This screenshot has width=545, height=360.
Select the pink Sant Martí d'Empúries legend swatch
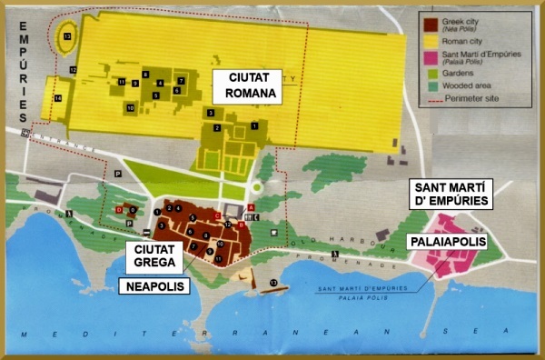(x=434, y=55)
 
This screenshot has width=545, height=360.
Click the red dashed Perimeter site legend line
(x=434, y=97)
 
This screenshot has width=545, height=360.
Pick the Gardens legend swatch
(x=434, y=73)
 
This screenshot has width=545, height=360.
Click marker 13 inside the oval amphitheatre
(x=68, y=36)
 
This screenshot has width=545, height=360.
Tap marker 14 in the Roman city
(x=57, y=97)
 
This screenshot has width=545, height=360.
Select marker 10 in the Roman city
(x=131, y=108)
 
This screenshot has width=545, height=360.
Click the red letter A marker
(x=251, y=207)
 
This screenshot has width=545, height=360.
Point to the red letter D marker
(x=118, y=210)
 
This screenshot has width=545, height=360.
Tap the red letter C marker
(x=217, y=215)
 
